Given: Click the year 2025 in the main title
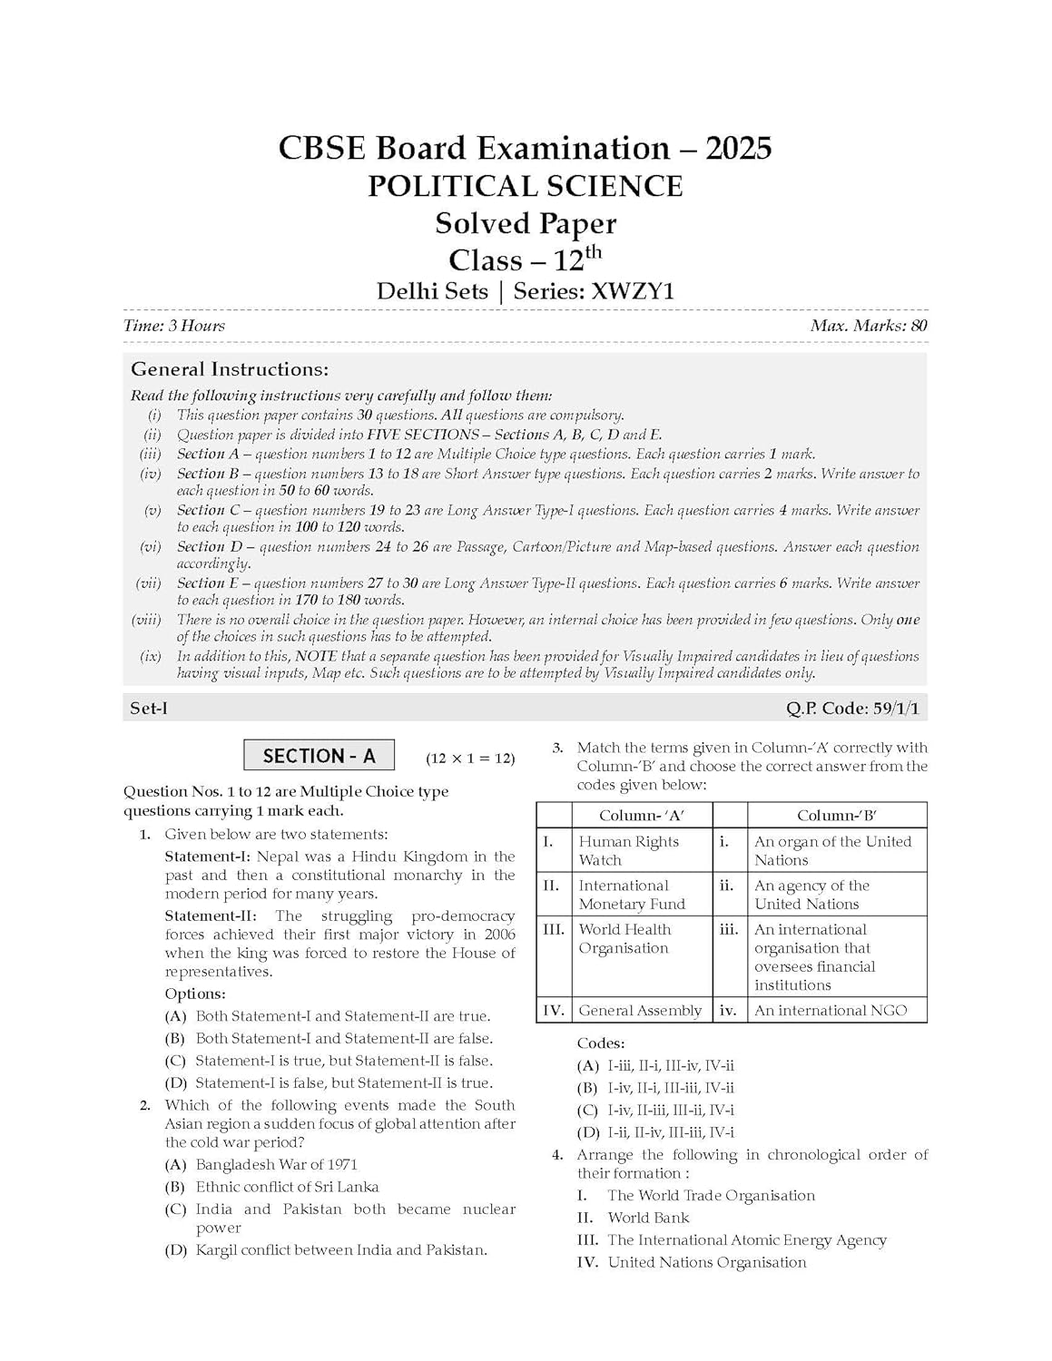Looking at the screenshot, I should pyautogui.click(x=737, y=148).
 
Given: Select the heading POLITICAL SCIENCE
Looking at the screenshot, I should pyautogui.click(x=525, y=186).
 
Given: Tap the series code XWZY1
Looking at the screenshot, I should pyautogui.click(x=633, y=291).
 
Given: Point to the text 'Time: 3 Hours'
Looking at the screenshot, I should pyautogui.click(x=174, y=326).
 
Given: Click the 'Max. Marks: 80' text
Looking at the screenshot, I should pyautogui.click(x=869, y=326).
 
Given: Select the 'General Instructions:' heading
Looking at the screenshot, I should pyautogui.click(x=230, y=369).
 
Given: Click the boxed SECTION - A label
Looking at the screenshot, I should pyautogui.click(x=319, y=756).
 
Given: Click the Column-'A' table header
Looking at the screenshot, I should pyautogui.click(x=642, y=815).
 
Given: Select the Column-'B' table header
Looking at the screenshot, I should pyautogui.click(x=836, y=815).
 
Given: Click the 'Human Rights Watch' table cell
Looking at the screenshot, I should pyautogui.click(x=629, y=850).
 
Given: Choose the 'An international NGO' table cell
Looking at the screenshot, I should pyautogui.click(x=831, y=1010).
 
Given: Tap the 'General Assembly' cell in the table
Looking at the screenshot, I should pyautogui.click(x=640, y=1010).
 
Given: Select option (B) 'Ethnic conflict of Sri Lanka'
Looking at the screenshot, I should pyautogui.click(x=287, y=1187).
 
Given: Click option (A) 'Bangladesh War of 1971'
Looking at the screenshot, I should pyautogui.click(x=276, y=1164).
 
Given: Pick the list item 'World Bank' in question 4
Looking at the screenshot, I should pyautogui.click(x=648, y=1218).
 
